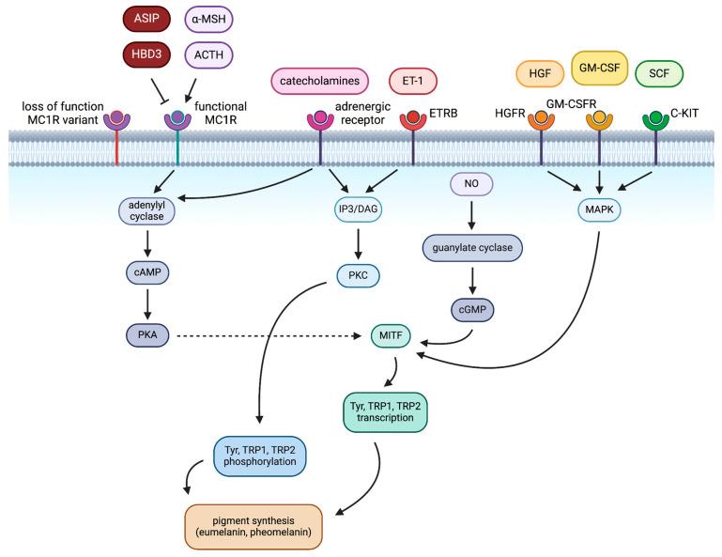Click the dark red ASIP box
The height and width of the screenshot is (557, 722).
(x=153, y=18)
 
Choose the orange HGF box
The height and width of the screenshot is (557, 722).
(x=539, y=72)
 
